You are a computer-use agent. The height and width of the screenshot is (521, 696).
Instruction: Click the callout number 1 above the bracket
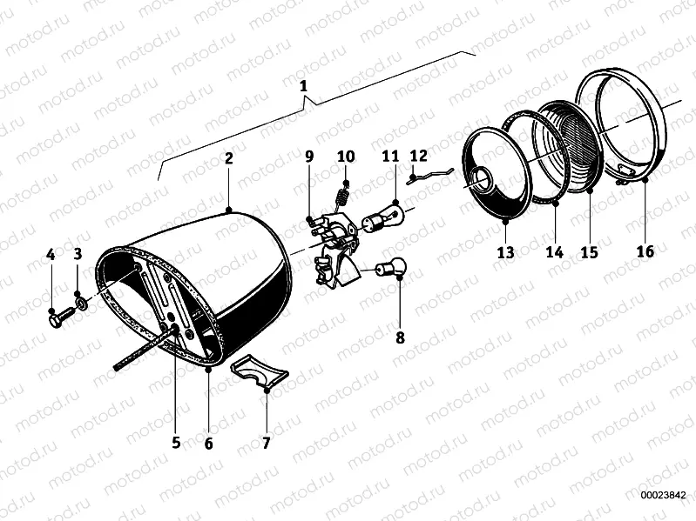coord(304,86)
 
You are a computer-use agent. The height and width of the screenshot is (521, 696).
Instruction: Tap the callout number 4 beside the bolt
coord(51,255)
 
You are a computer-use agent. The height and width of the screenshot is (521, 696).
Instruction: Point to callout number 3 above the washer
coord(78,254)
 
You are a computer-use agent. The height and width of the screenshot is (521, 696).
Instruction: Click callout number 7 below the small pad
coord(267,444)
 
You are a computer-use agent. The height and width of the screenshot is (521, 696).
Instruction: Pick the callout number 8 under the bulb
coord(401,337)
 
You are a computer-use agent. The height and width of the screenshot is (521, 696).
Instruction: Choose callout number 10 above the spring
coord(346,157)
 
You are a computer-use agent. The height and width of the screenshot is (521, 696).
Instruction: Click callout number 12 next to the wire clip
coord(418,156)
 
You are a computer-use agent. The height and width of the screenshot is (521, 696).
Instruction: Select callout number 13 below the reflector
coord(506,252)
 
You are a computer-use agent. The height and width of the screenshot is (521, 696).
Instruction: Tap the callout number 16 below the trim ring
coord(645,252)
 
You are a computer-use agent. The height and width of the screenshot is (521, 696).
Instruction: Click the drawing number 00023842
coord(664,495)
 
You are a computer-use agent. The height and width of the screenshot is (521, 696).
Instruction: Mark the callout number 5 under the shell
coord(176,443)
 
